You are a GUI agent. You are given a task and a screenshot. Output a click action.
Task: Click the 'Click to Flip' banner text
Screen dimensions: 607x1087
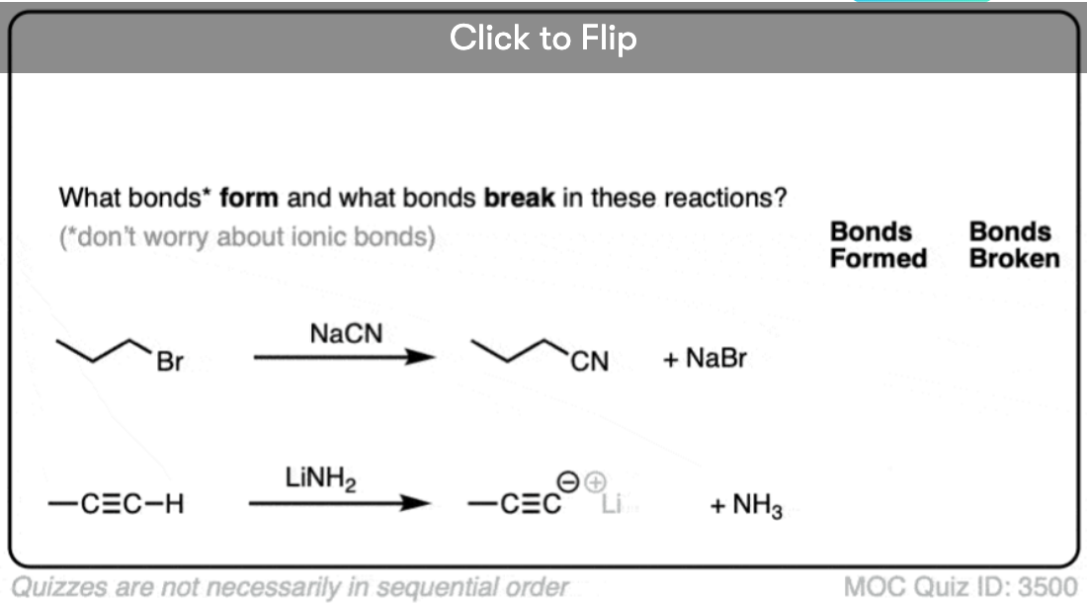[543, 39]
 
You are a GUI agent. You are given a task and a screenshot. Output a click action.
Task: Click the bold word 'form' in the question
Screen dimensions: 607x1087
[248, 198]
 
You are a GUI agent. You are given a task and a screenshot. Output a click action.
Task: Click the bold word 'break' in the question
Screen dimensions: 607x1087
[519, 198]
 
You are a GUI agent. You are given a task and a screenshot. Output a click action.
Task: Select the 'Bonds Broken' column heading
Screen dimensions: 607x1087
[1014, 245]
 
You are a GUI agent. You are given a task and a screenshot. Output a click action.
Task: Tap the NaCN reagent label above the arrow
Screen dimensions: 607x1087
[345, 335]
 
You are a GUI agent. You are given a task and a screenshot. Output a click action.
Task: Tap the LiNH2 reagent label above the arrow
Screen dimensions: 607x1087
[320, 480]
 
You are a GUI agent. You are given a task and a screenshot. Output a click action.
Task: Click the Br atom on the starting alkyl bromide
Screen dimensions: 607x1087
[169, 363]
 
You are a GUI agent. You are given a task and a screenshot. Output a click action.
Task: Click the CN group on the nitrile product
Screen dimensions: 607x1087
[590, 363]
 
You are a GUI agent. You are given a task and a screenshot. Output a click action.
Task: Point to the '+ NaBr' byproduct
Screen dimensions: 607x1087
[705, 358]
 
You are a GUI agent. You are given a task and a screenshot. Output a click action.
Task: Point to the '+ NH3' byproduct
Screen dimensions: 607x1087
[746, 507]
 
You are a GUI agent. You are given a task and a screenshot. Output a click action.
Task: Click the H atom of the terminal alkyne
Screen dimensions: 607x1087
[173, 505]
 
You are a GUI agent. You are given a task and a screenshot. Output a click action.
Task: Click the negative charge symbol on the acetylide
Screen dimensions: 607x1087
[570, 481]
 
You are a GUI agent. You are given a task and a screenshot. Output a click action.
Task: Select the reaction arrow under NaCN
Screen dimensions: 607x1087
[343, 358]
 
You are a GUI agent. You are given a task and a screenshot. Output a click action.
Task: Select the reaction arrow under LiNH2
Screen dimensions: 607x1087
[338, 504]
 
